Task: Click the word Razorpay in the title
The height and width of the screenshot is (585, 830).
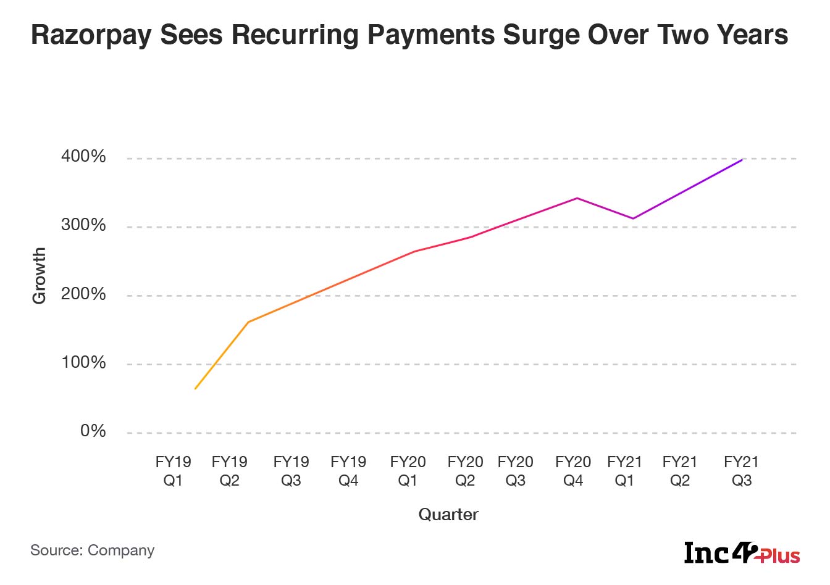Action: click(x=91, y=36)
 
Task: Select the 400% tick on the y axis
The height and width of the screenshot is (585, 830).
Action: click(x=83, y=157)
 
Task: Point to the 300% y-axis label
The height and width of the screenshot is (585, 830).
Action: click(x=83, y=225)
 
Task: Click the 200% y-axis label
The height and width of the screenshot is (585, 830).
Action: click(x=83, y=294)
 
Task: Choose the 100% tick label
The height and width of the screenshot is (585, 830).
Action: click(x=83, y=363)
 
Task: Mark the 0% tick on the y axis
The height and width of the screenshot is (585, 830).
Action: click(x=93, y=431)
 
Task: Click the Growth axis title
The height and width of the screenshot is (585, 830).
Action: click(x=39, y=276)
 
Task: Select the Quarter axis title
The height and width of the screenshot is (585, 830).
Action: click(x=448, y=515)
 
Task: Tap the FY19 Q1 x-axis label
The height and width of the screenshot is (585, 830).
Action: click(x=173, y=471)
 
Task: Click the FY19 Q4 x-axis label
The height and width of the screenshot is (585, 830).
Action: click(x=348, y=471)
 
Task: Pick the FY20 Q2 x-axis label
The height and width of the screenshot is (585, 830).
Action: click(x=465, y=471)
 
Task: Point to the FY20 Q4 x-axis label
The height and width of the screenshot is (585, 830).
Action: click(x=573, y=471)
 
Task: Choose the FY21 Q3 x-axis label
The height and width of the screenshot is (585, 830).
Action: click(x=741, y=471)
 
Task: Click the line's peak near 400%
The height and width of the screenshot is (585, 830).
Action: click(x=742, y=160)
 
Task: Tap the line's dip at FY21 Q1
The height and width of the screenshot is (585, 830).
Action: click(x=633, y=218)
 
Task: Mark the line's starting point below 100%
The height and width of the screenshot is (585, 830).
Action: click(x=195, y=389)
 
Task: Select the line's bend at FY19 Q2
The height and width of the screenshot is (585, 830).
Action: click(x=248, y=322)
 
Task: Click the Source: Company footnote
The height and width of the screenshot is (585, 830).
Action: click(x=93, y=550)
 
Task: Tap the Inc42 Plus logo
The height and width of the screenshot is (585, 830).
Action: click(x=742, y=553)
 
